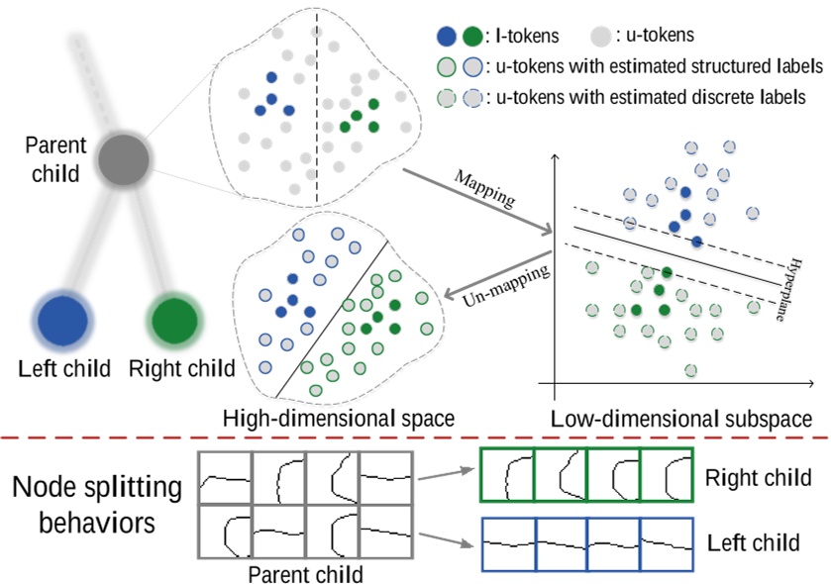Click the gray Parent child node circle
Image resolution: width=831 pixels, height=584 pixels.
(x=123, y=158)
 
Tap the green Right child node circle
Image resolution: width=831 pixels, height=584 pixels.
(x=172, y=319)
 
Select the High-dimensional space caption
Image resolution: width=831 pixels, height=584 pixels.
(x=339, y=419)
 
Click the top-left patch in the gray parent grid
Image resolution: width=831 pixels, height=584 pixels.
(x=225, y=480)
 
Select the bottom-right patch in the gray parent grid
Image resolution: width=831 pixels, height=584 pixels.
(x=385, y=535)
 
